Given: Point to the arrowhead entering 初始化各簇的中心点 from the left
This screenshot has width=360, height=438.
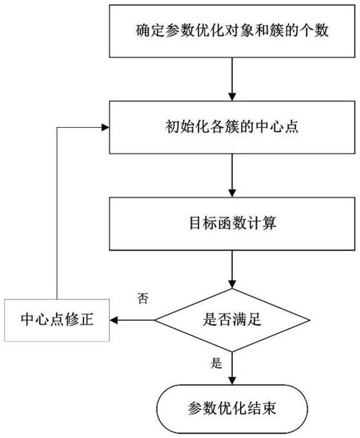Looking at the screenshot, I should pyautogui.click(x=105, y=129).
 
